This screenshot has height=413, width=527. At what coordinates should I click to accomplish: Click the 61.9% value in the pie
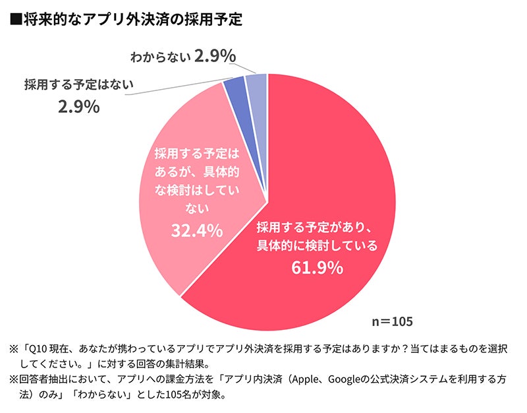pos(317,267)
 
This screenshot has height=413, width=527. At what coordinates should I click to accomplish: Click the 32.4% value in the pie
pos(196,231)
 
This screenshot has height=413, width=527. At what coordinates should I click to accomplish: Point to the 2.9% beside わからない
pos(215,57)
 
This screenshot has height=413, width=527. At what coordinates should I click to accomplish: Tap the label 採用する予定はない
pos(79,84)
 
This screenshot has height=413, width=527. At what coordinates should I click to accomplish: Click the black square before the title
pos(16,20)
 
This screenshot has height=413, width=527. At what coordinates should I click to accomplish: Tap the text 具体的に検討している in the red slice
pos(317,246)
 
